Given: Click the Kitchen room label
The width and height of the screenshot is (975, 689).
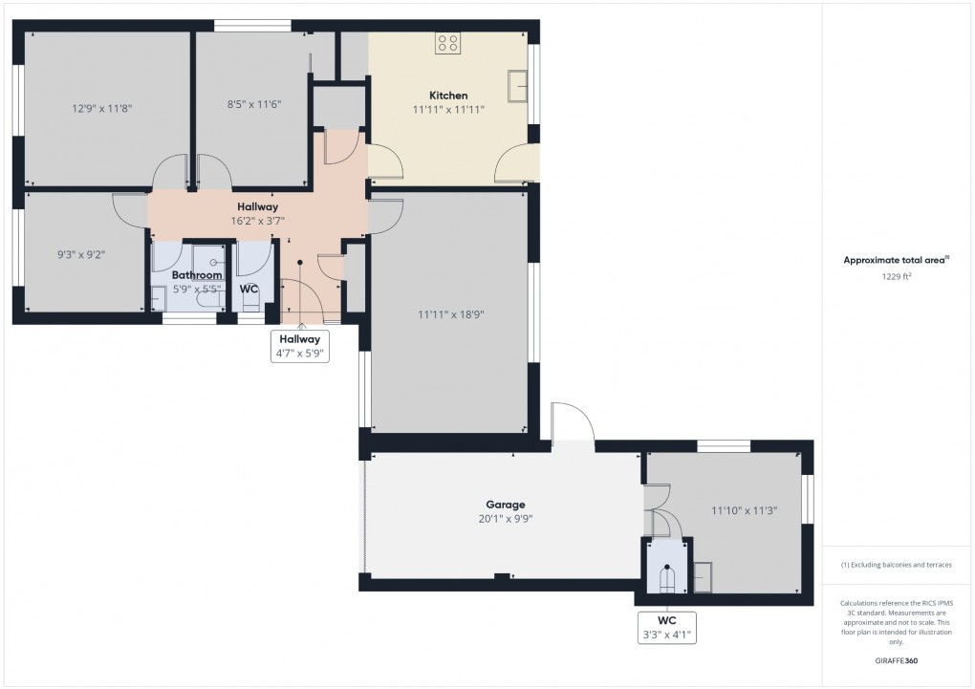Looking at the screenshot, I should [x=448, y=96].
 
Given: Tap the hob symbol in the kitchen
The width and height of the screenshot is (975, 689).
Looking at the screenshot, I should [x=448, y=43].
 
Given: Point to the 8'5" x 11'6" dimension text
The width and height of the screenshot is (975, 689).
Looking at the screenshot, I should [x=253, y=103].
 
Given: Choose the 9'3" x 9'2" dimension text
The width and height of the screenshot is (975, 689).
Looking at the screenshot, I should [x=81, y=255].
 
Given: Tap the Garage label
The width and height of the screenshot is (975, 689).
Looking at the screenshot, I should [x=505, y=505].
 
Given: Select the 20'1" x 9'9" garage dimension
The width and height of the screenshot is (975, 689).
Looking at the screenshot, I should [x=505, y=519].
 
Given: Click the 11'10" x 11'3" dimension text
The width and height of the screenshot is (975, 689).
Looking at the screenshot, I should [x=744, y=510].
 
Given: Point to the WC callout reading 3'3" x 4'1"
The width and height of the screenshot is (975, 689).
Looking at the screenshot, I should [x=665, y=626].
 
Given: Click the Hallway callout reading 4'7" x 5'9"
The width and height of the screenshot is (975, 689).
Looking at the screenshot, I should [x=300, y=345].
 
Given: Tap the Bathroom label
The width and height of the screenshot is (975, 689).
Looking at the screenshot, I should [x=197, y=275].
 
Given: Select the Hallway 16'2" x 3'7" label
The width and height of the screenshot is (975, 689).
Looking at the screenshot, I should [x=257, y=213].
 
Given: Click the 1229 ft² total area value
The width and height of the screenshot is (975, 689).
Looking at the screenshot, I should [x=896, y=276].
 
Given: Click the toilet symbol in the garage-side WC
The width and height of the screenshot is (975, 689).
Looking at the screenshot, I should [x=665, y=577].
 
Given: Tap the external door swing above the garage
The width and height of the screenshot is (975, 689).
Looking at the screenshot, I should [x=573, y=421].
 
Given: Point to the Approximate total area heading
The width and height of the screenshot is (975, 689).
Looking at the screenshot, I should [x=896, y=260].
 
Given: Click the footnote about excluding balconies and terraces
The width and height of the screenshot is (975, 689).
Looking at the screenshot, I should [x=896, y=565].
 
